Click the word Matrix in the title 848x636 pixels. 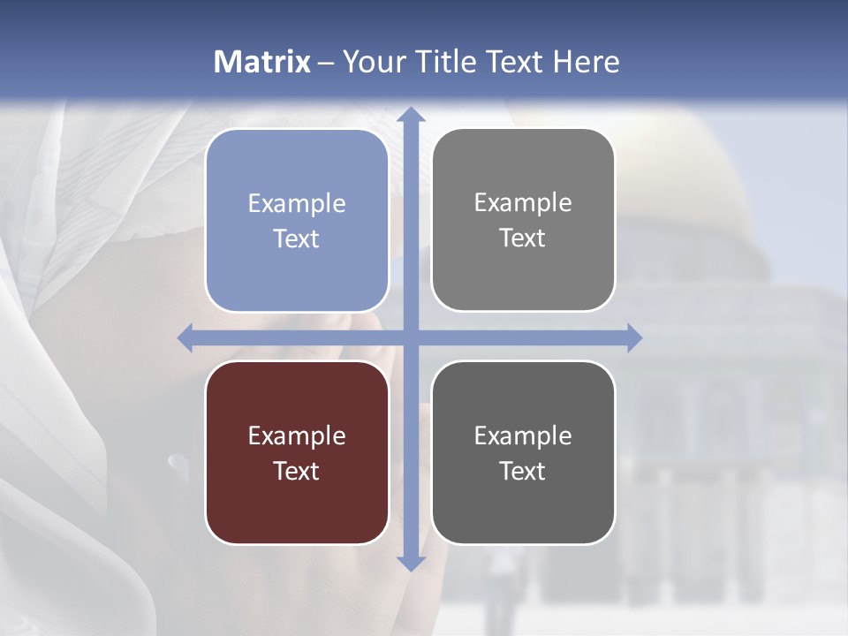(x=262, y=62)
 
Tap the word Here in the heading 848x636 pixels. (x=586, y=62)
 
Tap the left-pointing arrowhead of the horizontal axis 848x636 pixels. (x=185, y=337)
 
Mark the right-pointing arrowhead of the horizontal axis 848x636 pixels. (x=633, y=337)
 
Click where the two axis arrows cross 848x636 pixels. (x=410, y=337)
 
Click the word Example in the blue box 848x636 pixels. (x=297, y=204)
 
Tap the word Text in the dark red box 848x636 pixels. (x=297, y=471)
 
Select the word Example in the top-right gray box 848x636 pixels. (x=523, y=203)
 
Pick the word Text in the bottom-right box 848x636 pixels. (x=523, y=471)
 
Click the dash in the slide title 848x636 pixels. (x=326, y=63)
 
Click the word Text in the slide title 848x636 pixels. (x=514, y=62)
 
